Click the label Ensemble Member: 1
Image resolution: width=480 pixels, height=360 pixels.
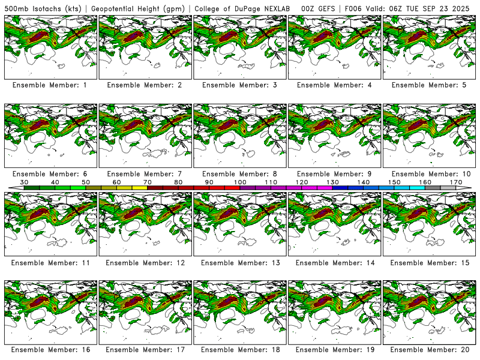50,85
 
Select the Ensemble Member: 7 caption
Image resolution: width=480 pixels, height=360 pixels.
144,174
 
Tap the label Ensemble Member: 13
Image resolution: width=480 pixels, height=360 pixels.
239,263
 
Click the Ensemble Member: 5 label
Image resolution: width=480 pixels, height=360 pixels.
428,85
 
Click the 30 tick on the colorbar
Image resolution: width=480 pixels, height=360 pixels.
25,182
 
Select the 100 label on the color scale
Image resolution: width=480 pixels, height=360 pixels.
240,182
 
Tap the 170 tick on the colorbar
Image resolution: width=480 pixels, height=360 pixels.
455,182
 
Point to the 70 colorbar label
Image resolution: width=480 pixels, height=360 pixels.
148,182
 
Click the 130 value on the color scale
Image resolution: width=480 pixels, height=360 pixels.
332,182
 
